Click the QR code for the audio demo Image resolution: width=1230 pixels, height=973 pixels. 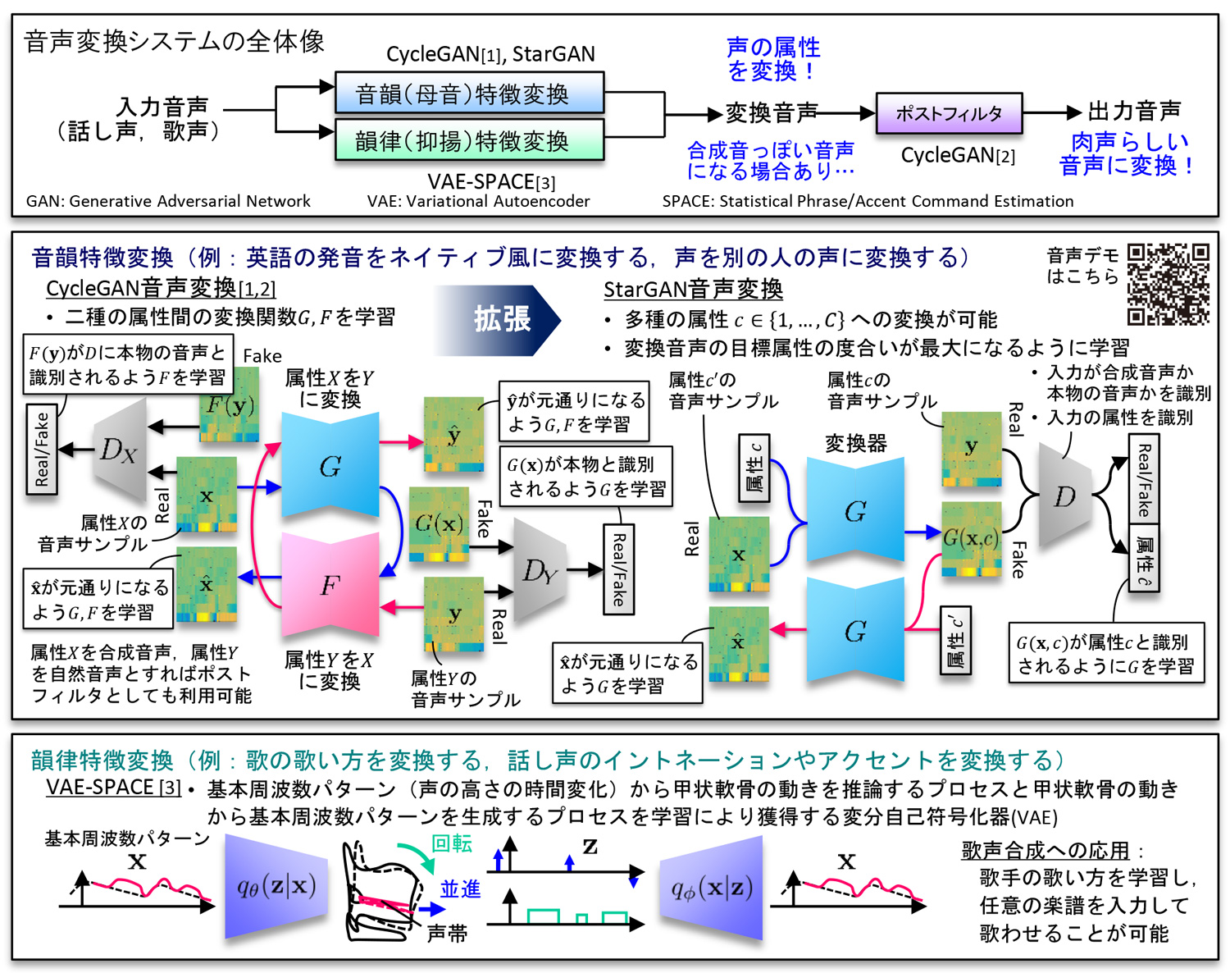coord(1168,284)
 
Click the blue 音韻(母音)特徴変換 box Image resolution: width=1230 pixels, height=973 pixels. coord(469,94)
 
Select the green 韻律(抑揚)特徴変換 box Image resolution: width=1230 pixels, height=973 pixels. coord(469,140)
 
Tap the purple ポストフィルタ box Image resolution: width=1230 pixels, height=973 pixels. coord(949,113)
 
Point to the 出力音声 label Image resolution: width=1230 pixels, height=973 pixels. coord(1134,111)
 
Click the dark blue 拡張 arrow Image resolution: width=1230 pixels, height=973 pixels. coord(498,319)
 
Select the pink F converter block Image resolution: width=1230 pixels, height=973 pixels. coord(330,584)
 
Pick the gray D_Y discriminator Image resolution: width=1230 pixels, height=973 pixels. coord(539,571)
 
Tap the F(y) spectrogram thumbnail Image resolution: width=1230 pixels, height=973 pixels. coord(230,404)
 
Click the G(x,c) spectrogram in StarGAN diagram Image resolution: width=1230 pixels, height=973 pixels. coord(971,538)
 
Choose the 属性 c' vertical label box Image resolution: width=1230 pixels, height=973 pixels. coord(954,640)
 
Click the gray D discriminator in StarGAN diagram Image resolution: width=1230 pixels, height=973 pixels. coord(1064,496)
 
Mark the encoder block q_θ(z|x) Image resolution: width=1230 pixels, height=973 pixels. coord(276,886)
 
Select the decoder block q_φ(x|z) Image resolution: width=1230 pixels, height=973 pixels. coord(711,888)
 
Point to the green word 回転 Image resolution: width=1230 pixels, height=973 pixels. coord(452,843)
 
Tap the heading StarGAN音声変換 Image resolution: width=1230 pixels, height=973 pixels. coord(693,289)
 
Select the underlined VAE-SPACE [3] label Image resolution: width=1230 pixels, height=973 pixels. coord(113,787)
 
